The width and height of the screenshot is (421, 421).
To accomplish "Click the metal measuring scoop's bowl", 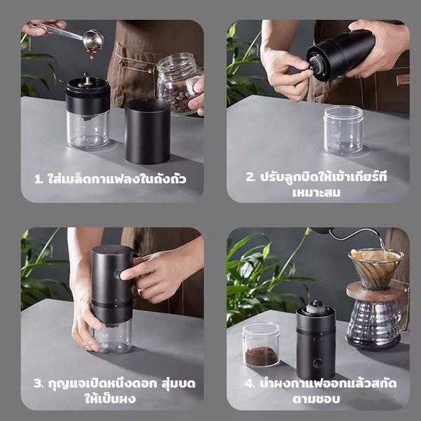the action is pyautogui.click(x=93, y=40).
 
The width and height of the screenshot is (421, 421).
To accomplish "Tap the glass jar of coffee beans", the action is pyautogui.click(x=180, y=84).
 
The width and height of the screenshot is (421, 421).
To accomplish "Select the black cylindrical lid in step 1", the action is pyautogui.click(x=148, y=131).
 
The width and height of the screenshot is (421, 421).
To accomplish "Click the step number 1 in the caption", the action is pyautogui.click(x=38, y=179).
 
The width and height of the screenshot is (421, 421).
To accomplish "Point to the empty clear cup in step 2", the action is pyautogui.click(x=344, y=130).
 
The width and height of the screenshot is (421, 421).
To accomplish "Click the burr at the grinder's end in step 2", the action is pyautogui.click(x=316, y=64).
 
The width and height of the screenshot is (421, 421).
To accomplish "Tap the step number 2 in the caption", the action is pyautogui.click(x=250, y=177).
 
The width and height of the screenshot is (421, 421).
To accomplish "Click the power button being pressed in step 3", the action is pyautogui.click(x=118, y=275).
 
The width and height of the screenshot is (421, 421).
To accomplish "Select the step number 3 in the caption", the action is pyautogui.click(x=38, y=383).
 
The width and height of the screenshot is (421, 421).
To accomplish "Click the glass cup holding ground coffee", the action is pyautogui.click(x=261, y=345).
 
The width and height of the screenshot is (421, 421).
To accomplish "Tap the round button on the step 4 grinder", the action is pyautogui.click(x=317, y=363).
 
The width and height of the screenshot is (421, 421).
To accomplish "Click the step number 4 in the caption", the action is pyautogui.click(x=249, y=383).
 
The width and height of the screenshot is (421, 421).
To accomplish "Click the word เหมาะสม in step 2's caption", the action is pyautogui.click(x=317, y=192).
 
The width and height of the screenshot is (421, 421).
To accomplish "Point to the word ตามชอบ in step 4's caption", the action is pyautogui.click(x=317, y=399).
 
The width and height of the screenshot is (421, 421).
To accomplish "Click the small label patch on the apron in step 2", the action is pyautogui.click(x=403, y=80).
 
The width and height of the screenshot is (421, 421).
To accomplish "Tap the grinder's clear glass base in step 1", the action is pyautogui.click(x=88, y=131).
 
